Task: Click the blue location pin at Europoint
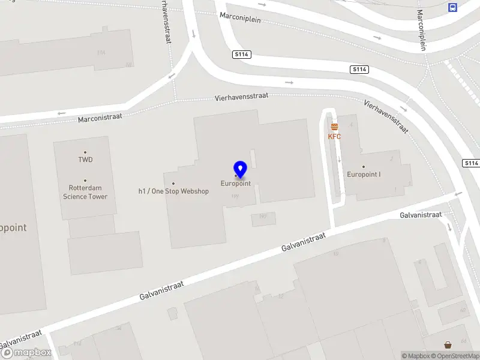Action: point(240,170)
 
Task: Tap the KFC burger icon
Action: point(334,126)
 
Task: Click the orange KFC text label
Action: point(334,136)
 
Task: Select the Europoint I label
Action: point(364,175)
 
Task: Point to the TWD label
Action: point(85,160)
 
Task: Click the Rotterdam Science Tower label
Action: point(85,192)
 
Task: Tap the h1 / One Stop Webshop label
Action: point(173,191)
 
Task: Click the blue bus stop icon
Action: point(452,7)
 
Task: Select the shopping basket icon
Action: point(448,344)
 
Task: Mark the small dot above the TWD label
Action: point(85,152)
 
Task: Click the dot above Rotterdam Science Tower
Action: point(85,181)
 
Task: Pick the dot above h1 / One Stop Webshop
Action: point(173,184)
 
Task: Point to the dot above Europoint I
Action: point(364,167)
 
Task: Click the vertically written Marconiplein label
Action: point(422,30)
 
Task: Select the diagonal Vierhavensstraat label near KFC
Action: point(386,116)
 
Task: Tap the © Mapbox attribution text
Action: point(416,356)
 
